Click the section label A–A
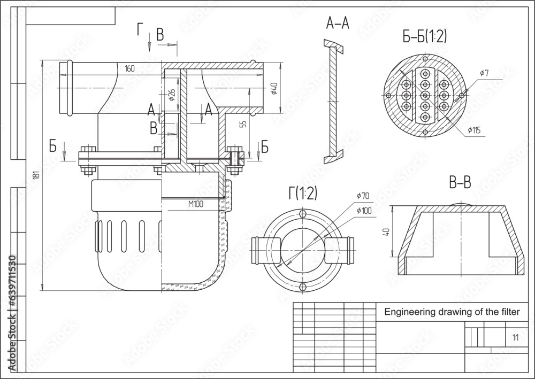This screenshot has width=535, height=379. tap(338, 24)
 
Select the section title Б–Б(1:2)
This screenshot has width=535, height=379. tap(425, 36)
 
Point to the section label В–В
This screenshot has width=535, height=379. tap(460, 183)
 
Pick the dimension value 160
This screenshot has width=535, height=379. tap(129, 68)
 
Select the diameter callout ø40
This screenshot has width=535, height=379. tap(274, 88)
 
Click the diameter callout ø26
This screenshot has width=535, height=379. tap(171, 95)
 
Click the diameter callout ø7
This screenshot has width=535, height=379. tap(484, 73)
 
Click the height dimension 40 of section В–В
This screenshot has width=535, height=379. tap(387, 232)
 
